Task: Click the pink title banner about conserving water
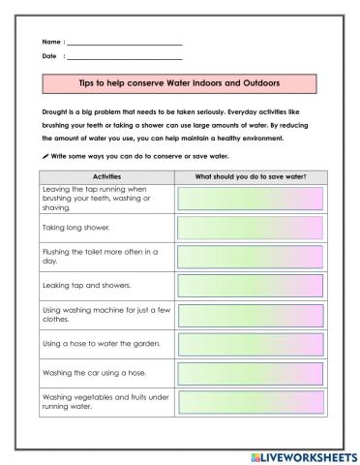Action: pos(180,84)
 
